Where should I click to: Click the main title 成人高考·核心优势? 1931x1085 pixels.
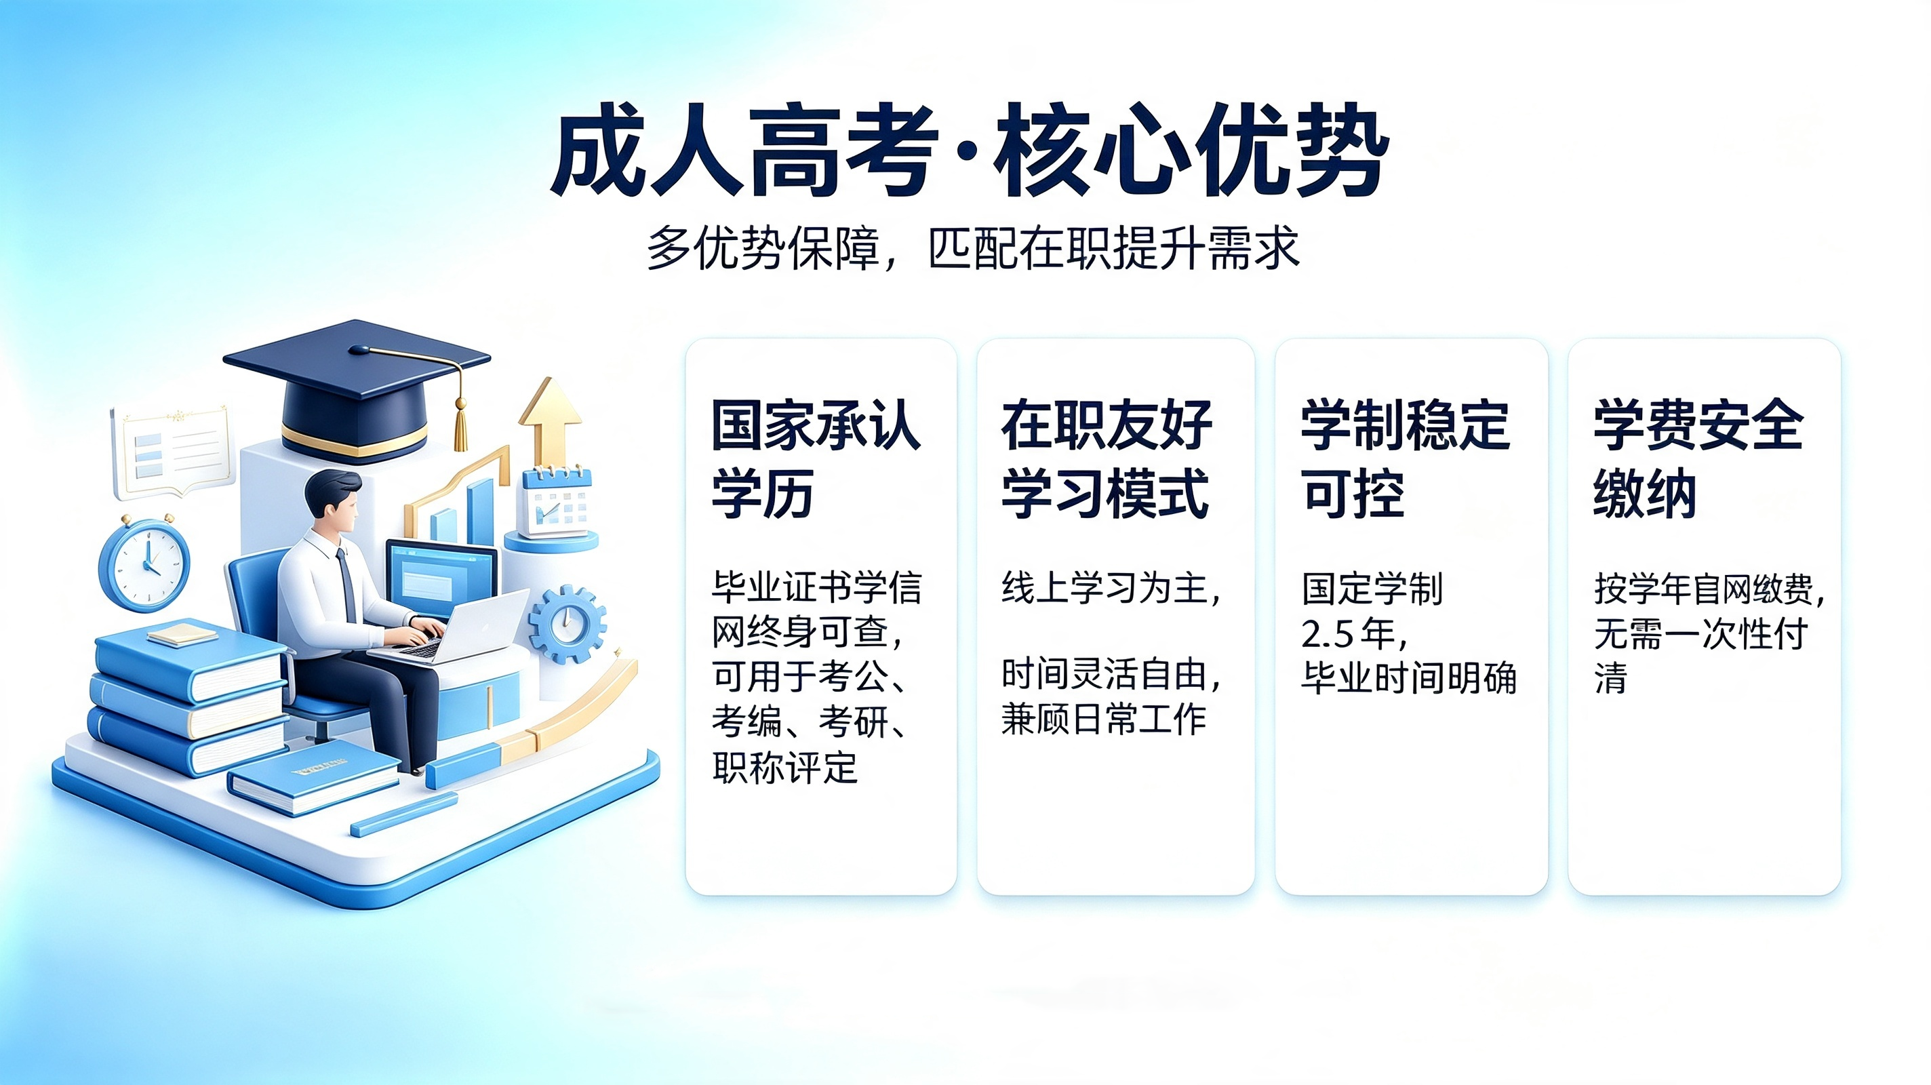pos(970,151)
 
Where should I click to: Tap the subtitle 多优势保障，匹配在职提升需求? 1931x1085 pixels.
pos(973,248)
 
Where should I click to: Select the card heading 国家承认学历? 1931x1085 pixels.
pos(816,459)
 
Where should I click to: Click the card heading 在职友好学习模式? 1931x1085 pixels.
pos(1107,459)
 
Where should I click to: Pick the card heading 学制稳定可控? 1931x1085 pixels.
pos(1406,459)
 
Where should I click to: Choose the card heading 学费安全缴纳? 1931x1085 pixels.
pos(1698,459)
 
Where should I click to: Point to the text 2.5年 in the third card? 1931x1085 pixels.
pos(1354,634)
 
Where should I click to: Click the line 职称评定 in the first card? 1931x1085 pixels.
pos(785,767)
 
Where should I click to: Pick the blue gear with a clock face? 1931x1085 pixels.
pos(567,624)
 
